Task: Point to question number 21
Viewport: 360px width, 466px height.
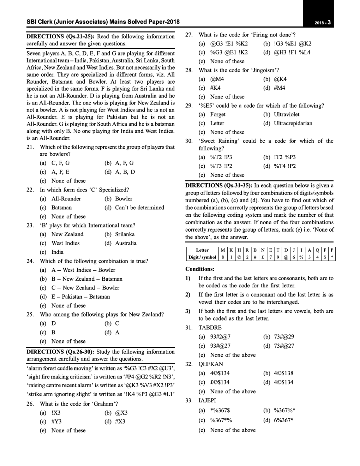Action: [x=30, y=147]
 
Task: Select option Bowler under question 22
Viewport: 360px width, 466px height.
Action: [x=124, y=199]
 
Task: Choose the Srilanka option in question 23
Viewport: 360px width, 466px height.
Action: [x=125, y=234]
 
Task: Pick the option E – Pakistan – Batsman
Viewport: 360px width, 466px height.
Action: [x=80, y=297]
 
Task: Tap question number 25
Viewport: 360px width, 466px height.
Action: [x=30, y=314]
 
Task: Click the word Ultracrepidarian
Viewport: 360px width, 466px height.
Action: [x=293, y=123]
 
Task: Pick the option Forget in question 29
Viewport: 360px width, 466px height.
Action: [x=218, y=114]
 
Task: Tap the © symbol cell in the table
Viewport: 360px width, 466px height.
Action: [x=239, y=257]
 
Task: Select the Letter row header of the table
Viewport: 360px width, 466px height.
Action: [x=202, y=250]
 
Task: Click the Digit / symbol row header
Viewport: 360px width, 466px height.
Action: [x=202, y=257]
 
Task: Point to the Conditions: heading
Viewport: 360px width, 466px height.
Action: [x=200, y=269]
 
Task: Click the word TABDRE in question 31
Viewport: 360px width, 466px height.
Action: [x=210, y=328]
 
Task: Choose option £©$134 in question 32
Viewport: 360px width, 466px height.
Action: [x=220, y=382]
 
